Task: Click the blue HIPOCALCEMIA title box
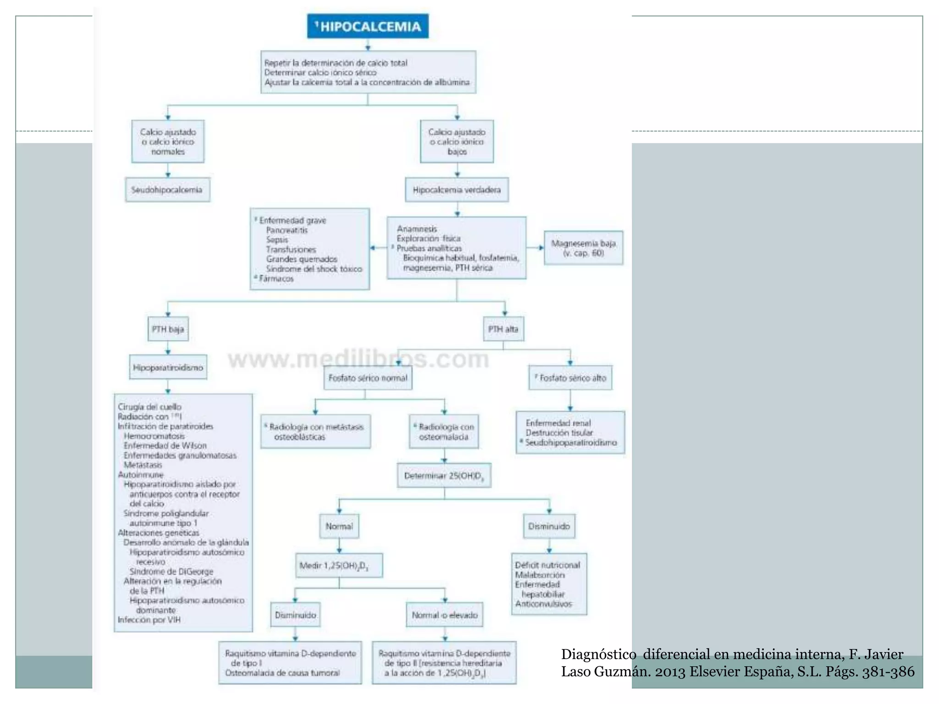[x=368, y=26]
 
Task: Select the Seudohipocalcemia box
[x=167, y=190]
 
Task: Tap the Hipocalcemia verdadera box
[x=457, y=190]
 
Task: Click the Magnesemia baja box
[x=583, y=248]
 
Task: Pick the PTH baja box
[x=168, y=329]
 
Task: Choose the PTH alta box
[x=503, y=329]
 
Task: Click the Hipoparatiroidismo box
[x=168, y=368]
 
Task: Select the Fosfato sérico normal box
[x=368, y=378]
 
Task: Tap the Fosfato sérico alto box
[x=570, y=378]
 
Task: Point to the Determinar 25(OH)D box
[x=444, y=476]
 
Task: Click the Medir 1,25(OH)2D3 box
[x=339, y=566]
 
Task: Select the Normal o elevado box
[x=444, y=615]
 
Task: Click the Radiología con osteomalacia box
[x=444, y=432]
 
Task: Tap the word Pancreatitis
[x=287, y=230]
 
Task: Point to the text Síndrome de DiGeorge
[x=171, y=572]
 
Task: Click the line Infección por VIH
[x=149, y=620]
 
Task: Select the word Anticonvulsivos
[x=543, y=604]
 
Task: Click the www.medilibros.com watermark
[x=359, y=359]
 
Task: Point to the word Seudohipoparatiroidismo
[x=571, y=442]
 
